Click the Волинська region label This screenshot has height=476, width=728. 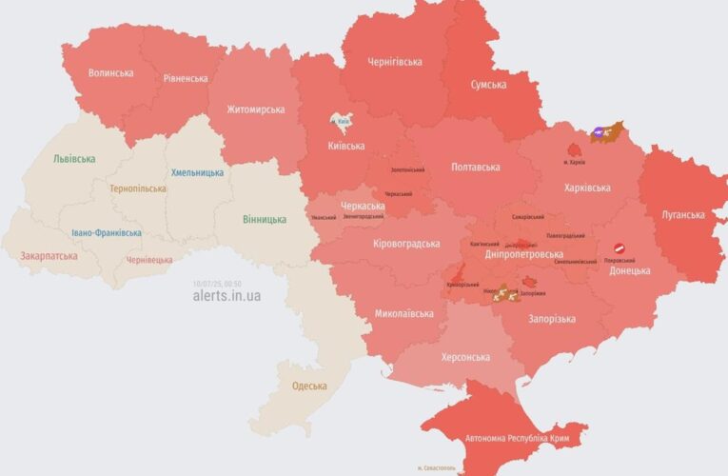coord(110,72)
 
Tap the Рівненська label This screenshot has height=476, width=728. coord(186,78)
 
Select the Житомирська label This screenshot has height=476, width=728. coord(255,109)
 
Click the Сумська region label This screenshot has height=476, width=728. coord(488,85)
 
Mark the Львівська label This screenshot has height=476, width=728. coord(74,159)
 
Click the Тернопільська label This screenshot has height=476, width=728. coord(137,188)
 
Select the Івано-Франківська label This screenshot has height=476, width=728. coord(107,232)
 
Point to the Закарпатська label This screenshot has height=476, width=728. coord(49,256)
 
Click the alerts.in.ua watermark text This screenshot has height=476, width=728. coord(226,296)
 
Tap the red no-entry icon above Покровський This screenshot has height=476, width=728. coord(617,247)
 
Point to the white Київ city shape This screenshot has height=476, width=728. coord(341,121)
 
